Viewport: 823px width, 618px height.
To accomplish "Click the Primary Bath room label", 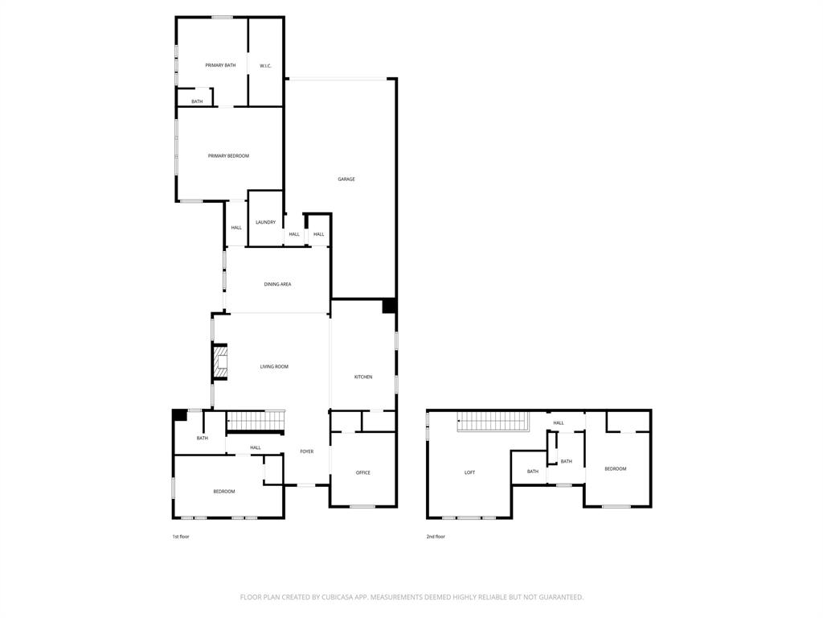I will click(x=220, y=65).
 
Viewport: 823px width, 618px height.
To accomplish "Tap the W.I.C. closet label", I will click(x=265, y=65).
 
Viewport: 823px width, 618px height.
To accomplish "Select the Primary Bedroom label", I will click(x=228, y=156).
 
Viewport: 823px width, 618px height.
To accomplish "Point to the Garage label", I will click(x=346, y=179).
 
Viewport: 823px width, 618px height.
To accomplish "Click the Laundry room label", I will click(x=265, y=222).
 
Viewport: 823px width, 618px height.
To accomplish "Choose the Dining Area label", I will click(x=277, y=284).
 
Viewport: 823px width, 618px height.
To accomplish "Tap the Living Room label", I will click(x=274, y=367).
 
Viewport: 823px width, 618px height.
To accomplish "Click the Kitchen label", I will click(x=363, y=377).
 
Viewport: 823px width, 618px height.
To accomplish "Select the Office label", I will click(x=363, y=473).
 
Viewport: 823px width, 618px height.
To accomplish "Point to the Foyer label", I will click(x=307, y=451).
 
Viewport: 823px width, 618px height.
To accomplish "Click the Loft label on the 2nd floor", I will click(x=469, y=473).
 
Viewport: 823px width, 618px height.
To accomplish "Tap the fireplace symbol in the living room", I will click(x=220, y=362).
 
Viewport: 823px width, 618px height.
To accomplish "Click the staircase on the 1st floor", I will click(x=256, y=421).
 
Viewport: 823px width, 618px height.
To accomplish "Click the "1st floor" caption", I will click(x=181, y=537).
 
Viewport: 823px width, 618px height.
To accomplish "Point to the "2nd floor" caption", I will click(x=436, y=537).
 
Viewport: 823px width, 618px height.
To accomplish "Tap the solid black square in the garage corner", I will click(x=389, y=306).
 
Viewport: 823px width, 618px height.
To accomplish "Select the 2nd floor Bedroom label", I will click(x=616, y=469).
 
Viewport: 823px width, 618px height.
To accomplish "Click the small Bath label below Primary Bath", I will click(x=197, y=102).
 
